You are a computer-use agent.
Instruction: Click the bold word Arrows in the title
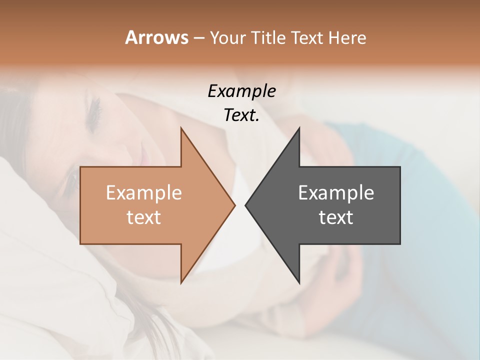click(156, 37)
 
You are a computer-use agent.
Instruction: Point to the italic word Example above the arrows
click(241, 91)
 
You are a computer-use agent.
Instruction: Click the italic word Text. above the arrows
click(241, 115)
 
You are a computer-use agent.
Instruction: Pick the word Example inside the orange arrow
click(144, 192)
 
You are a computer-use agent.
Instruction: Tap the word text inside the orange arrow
click(144, 217)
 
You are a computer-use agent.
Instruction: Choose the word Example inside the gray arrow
click(336, 192)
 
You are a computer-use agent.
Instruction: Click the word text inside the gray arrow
click(336, 217)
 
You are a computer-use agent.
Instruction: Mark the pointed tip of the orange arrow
click(234, 205)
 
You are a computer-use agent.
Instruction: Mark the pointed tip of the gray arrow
click(245, 205)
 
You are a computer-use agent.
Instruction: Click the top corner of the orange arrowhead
click(181, 128)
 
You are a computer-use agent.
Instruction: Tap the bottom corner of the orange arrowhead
click(181, 282)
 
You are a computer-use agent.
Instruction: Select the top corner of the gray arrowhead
click(299, 128)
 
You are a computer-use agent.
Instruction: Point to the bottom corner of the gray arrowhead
click(299, 282)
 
